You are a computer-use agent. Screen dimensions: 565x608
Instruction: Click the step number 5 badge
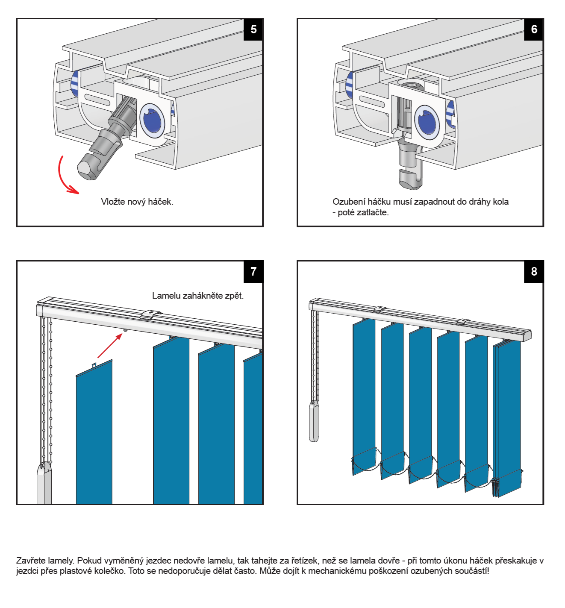coord(253,29)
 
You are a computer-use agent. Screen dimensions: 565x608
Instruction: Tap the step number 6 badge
coord(534,29)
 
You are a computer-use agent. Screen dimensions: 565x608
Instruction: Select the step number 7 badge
coord(253,272)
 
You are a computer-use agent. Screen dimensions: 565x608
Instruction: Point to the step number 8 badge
coord(534,272)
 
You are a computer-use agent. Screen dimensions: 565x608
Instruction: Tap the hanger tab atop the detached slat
coord(94,366)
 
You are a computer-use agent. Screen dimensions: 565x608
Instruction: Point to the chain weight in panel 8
coord(314,422)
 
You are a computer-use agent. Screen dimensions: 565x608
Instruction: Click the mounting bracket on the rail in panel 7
coord(151,314)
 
